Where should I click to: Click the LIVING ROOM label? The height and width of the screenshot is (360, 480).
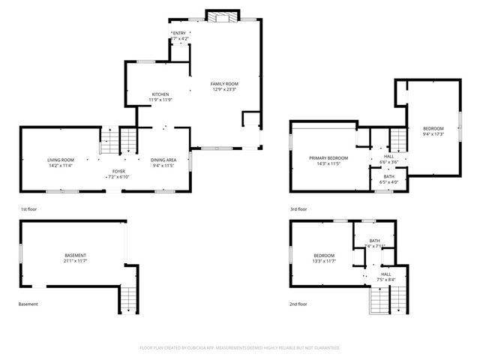click(x=61, y=160)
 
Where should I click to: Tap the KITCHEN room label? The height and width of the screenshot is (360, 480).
click(x=160, y=94)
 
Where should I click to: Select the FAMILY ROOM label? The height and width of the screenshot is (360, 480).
click(x=223, y=83)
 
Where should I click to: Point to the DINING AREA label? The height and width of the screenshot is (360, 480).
click(x=164, y=160)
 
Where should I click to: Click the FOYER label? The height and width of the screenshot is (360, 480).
click(x=118, y=171)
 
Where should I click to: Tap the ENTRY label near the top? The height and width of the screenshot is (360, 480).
click(x=179, y=34)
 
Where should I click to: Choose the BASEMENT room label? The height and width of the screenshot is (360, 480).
click(x=75, y=256)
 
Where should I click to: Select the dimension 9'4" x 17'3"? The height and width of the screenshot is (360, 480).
click(x=433, y=134)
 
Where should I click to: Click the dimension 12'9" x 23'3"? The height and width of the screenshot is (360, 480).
click(x=223, y=89)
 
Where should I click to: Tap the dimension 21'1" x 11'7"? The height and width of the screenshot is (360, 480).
click(x=75, y=262)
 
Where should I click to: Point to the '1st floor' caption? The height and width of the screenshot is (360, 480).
click(x=28, y=209)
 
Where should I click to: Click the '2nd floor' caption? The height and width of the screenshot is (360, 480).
click(x=298, y=304)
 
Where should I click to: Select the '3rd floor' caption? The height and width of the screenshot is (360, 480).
click(x=298, y=209)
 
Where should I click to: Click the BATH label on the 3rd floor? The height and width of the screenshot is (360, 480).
click(x=388, y=176)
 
